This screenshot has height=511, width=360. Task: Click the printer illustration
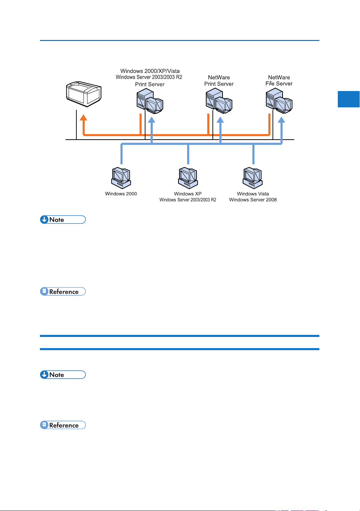click(x=83, y=94)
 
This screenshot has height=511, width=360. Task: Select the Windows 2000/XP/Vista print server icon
click(x=150, y=101)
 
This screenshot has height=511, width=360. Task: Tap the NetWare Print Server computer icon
click(x=219, y=101)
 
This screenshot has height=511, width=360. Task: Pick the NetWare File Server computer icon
click(x=279, y=101)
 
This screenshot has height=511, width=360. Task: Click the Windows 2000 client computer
click(x=121, y=178)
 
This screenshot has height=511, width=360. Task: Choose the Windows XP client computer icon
click(x=188, y=178)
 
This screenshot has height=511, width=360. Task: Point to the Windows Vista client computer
click(x=253, y=178)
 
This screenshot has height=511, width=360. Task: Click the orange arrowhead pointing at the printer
click(x=83, y=117)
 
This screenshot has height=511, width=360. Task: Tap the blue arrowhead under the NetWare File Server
click(x=281, y=119)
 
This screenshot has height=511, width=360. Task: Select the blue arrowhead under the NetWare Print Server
click(x=220, y=119)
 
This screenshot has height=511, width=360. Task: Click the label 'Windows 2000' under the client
click(x=121, y=194)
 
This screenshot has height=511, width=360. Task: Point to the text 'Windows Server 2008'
click(x=253, y=200)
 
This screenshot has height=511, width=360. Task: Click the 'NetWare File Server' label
click(x=279, y=81)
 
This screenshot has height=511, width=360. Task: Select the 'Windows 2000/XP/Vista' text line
click(x=150, y=71)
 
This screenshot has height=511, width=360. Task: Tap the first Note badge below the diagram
click(x=63, y=220)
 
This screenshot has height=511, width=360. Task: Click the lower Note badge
click(x=63, y=374)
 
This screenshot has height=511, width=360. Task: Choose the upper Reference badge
click(x=63, y=291)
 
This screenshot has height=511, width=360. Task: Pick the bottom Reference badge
click(x=63, y=425)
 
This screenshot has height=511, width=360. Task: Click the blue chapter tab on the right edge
click(x=349, y=99)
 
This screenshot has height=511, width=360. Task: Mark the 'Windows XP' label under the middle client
click(x=188, y=194)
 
